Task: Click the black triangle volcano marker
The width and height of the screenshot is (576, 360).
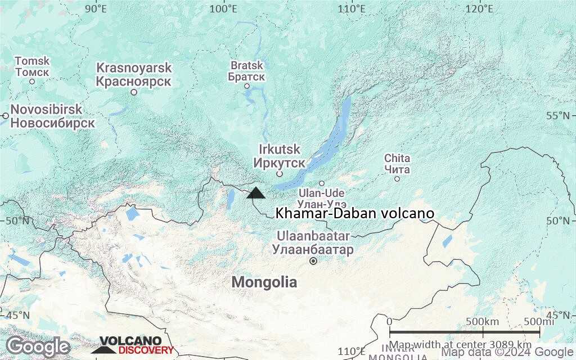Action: coord(255,193)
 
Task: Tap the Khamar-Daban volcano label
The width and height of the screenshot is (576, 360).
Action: coord(355,214)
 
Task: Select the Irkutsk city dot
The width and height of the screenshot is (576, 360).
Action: coord(279,174)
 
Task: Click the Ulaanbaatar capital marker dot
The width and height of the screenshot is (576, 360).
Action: coord(313,261)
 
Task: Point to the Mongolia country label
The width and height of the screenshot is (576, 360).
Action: coord(264,282)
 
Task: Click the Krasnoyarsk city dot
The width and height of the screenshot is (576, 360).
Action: coord(134,92)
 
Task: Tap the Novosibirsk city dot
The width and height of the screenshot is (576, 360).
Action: coord(5,116)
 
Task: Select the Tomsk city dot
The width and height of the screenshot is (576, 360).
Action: coord(32,82)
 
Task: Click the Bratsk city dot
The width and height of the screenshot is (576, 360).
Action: coord(247,86)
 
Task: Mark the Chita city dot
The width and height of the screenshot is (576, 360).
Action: coord(397,179)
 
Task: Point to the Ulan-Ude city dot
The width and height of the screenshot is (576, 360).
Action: coord(322,183)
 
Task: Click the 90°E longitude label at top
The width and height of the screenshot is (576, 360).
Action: coord(96,9)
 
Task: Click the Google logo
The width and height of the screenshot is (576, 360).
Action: coord(38,346)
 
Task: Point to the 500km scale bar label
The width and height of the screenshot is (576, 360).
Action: coord(483,321)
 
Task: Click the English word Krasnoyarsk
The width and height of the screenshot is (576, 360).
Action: coord(134,68)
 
